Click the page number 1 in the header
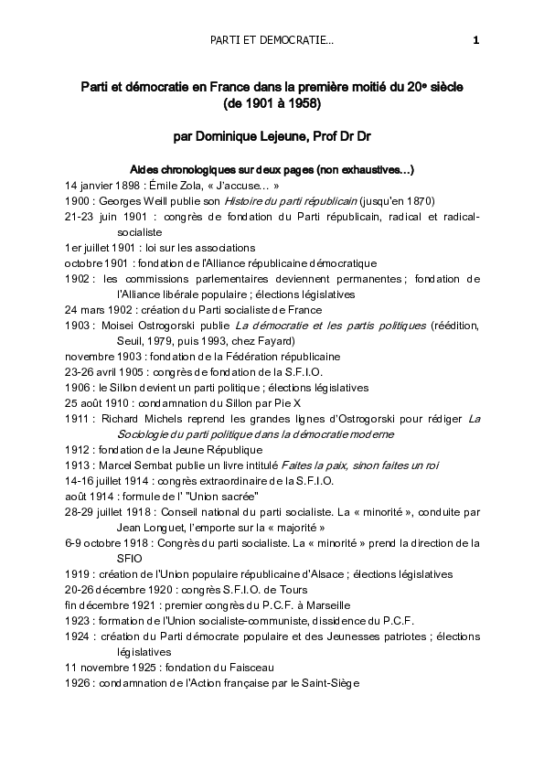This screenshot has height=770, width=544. [x=475, y=40]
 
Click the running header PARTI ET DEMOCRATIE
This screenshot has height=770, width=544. [x=272, y=40]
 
